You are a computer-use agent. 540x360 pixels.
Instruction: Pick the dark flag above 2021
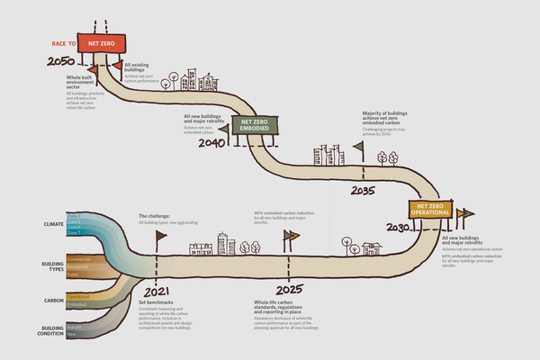(162, 236)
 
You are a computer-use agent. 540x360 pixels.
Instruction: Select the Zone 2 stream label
(73, 216)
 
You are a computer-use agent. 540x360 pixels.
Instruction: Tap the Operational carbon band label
(78, 294)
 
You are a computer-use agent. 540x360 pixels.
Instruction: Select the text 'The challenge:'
(153, 217)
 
